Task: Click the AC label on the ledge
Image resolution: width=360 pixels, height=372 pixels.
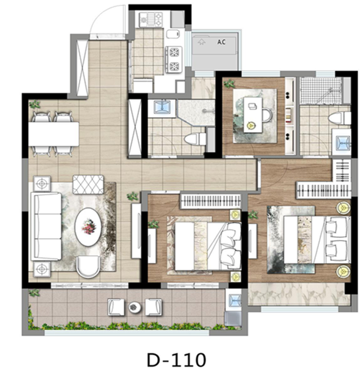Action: (x=222, y=42)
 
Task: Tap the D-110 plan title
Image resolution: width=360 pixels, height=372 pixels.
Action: (x=176, y=360)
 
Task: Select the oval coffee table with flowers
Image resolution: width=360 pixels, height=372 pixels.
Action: (x=88, y=227)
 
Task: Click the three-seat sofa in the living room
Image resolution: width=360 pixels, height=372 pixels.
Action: (x=46, y=226)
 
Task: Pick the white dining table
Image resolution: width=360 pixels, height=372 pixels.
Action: (x=53, y=134)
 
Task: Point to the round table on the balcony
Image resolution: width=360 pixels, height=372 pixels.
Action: (x=135, y=308)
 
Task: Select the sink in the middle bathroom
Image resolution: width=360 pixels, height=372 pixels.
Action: (x=162, y=107)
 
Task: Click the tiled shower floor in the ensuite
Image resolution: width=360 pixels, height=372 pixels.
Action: (x=320, y=91)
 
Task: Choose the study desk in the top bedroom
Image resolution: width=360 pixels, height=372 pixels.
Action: (x=253, y=115)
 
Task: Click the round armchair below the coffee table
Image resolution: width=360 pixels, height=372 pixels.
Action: (x=88, y=267)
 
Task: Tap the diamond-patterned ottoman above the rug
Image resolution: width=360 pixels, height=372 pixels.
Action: (x=88, y=185)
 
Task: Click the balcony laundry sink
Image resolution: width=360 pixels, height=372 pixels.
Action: (x=233, y=299)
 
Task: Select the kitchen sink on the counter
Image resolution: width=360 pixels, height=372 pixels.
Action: (x=173, y=34)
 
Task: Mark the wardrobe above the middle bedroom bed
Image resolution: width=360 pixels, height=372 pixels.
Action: (x=210, y=201)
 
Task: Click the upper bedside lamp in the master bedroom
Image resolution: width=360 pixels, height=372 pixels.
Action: (x=343, y=208)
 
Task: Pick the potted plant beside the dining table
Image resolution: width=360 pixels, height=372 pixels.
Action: (x=35, y=104)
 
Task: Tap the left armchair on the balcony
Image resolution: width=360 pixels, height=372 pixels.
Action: (x=116, y=308)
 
